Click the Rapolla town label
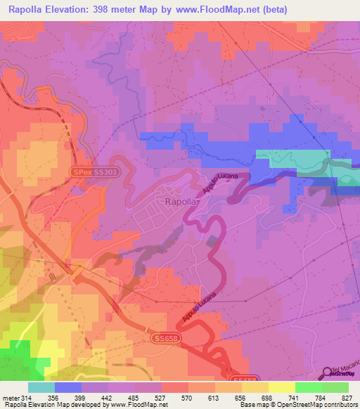click(x=181, y=202)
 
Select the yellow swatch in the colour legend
click(x=281, y=387)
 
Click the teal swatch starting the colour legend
click(x=41, y=387)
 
